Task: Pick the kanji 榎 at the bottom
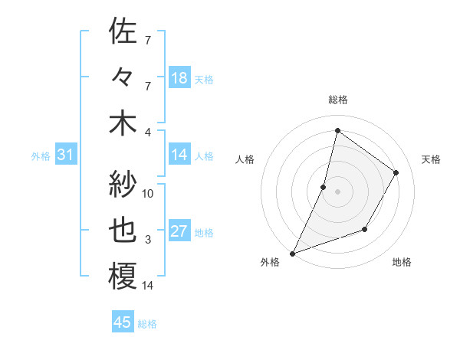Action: pos(123,277)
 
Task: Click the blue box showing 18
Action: pos(179,77)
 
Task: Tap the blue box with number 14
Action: pos(179,155)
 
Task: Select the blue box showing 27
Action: pos(179,232)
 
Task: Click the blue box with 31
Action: pos(65,155)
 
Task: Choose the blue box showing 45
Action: pos(123,322)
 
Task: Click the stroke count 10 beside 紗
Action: pos(148,194)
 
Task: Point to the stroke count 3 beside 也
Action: pos(148,240)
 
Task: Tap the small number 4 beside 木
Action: pos(148,132)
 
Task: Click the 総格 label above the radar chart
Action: pos(337,100)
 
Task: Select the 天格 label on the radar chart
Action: pos(431,159)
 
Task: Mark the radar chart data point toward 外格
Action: pos(292,253)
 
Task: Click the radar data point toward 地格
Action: pos(365,229)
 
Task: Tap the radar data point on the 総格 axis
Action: pos(337,130)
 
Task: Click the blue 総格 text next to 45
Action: pos(147,324)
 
